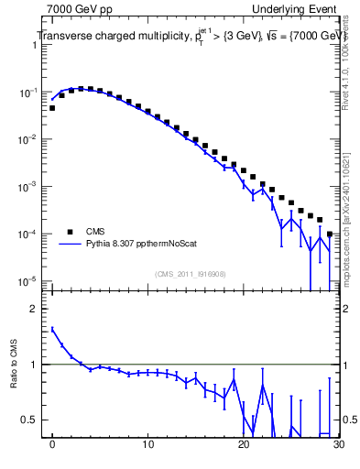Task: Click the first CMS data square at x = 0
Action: tap(52, 108)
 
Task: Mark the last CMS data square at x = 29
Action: tap(329, 234)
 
